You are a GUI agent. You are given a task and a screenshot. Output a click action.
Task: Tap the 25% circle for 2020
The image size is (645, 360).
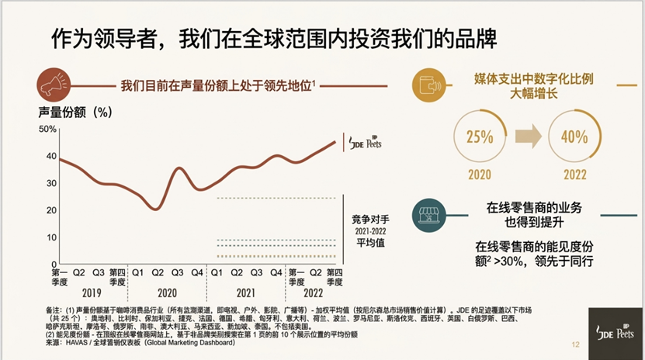point(480,137)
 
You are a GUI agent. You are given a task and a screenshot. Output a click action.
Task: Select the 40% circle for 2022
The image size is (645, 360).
point(574,137)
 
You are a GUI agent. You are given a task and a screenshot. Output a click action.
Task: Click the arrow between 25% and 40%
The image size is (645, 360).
point(527,137)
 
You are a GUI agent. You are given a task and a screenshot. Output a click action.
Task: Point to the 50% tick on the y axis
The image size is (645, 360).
point(47,129)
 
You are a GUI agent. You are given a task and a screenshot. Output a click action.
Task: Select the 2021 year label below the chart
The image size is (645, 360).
point(246,294)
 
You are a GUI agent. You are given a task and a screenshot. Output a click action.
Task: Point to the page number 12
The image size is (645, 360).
point(575,345)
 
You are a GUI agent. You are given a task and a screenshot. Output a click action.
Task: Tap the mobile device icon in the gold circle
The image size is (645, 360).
point(426,84)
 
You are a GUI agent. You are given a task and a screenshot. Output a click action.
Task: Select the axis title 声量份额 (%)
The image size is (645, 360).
point(75,111)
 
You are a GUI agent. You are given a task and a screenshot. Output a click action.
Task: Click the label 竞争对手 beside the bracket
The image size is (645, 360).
point(368,219)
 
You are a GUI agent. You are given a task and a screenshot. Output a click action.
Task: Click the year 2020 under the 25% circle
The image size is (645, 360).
point(480,175)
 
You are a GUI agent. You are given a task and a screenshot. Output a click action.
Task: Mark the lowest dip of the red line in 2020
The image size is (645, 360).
point(158,209)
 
